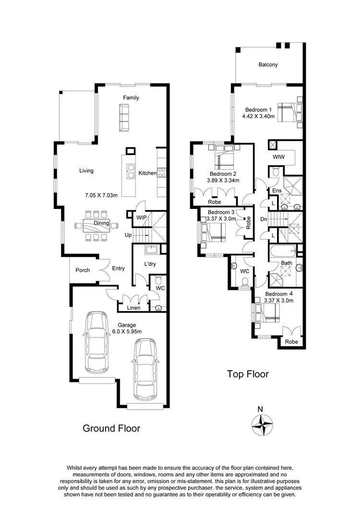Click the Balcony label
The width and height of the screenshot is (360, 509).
point(268,65)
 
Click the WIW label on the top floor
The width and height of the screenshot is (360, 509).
point(278,157)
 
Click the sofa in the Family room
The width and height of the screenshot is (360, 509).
point(124,118)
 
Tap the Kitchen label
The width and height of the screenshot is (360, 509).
point(147,173)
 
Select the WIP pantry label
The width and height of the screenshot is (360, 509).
point(142,218)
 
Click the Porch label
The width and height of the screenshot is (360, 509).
point(83,270)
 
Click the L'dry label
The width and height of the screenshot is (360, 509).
point(145,264)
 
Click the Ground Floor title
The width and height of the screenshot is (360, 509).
point(111,428)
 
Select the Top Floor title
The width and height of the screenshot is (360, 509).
point(248,374)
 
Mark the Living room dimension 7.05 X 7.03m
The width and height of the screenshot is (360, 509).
point(101,195)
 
